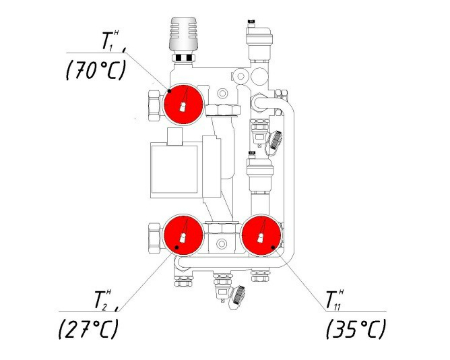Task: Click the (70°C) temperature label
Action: tap(96, 70)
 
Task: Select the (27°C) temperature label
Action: tap(88, 329)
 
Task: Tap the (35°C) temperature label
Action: tap(356, 329)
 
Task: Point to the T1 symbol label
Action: tap(111, 41)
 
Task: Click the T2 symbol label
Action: tap(102, 300)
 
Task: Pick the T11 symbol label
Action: tap(334, 300)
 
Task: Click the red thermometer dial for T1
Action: tap(183, 104)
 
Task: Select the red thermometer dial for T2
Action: tap(183, 235)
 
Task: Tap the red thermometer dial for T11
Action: tap(261, 235)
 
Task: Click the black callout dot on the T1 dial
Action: tap(170, 91)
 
